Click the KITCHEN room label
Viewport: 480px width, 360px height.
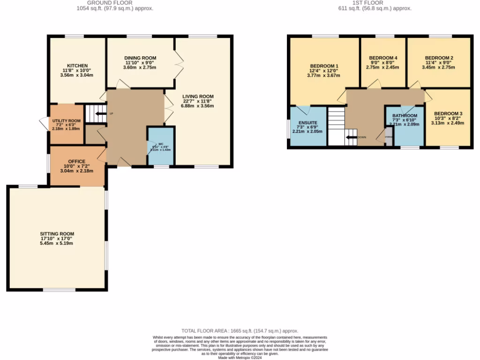click(x=77, y=66)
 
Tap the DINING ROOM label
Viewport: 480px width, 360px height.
click(x=140, y=58)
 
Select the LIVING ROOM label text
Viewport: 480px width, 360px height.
click(x=198, y=97)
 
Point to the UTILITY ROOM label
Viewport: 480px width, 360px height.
click(x=66, y=120)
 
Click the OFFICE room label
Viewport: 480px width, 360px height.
click(x=76, y=161)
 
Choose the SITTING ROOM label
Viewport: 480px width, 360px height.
click(x=57, y=233)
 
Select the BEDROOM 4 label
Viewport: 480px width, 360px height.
click(x=383, y=58)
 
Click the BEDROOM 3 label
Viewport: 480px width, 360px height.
click(x=448, y=113)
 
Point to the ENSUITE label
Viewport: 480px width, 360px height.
click(x=308, y=122)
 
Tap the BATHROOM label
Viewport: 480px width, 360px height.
click(x=405, y=115)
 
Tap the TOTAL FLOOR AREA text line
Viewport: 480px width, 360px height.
click(x=240, y=330)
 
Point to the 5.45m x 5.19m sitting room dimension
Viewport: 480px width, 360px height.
click(x=57, y=243)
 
